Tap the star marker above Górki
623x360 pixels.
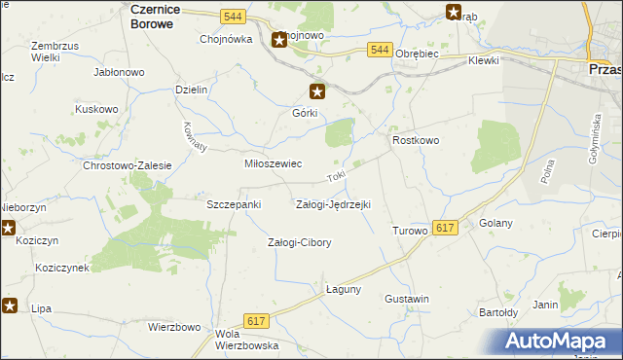317,92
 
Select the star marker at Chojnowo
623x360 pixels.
279,40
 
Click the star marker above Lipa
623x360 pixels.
11,306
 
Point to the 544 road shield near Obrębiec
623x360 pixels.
381,50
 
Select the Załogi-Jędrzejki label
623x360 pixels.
333,204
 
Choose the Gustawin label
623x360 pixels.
407,298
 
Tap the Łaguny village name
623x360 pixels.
344,289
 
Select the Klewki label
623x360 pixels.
483,60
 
